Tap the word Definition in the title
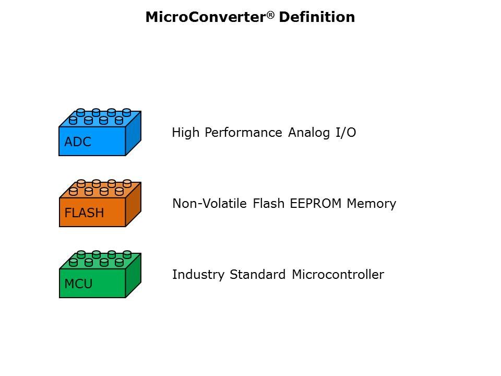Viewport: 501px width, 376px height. [317, 17]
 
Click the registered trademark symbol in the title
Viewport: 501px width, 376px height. [271, 14]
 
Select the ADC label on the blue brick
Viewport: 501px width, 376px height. [78, 142]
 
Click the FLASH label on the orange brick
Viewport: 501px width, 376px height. [84, 213]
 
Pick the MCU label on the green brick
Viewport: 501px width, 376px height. [78, 285]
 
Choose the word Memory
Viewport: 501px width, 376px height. [371, 204]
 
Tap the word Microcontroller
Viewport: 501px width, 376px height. [338, 275]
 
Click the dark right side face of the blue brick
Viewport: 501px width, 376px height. [134, 134]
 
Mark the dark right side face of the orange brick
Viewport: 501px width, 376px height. [134, 205]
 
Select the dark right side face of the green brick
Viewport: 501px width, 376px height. [134, 276]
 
